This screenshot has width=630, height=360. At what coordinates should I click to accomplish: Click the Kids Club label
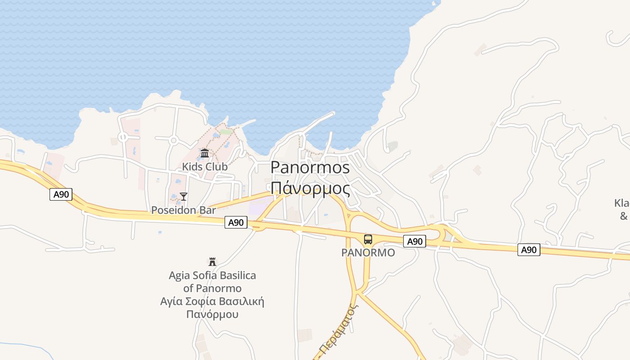click(x=204, y=166)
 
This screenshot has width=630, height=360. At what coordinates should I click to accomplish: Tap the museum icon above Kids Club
click(x=205, y=153)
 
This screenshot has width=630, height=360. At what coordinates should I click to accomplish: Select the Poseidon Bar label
click(x=184, y=210)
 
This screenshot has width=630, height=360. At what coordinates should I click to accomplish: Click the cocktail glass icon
click(x=184, y=196)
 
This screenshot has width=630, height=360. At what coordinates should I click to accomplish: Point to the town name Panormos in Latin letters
click(x=310, y=168)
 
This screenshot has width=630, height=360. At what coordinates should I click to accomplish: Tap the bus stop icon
click(x=368, y=239)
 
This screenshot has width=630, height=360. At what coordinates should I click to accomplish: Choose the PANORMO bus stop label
click(x=368, y=252)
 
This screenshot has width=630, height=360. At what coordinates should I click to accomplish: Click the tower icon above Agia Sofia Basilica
click(x=212, y=261)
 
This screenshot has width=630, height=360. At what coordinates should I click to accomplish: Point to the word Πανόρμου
click(x=212, y=314)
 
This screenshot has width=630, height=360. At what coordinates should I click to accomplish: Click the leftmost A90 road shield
click(x=61, y=194)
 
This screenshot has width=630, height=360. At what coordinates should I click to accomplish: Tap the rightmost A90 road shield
click(x=529, y=250)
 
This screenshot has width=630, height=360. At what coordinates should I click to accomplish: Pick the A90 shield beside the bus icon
click(x=414, y=241)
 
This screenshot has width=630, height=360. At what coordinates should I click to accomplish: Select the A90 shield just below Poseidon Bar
click(x=236, y=222)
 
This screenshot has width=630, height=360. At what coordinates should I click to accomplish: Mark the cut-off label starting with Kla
click(x=621, y=203)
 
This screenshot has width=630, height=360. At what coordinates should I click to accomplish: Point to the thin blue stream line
click(x=27, y=348)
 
